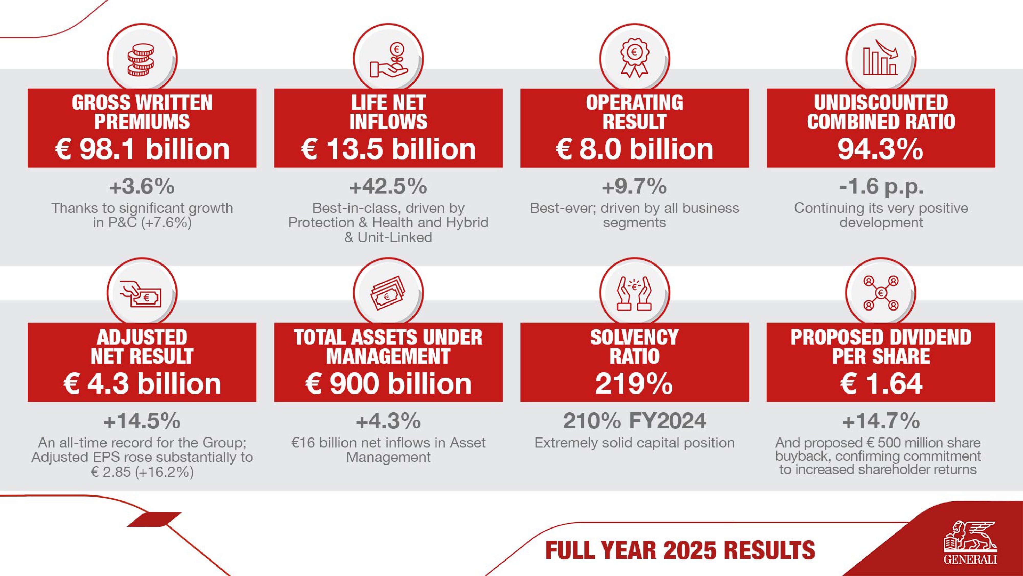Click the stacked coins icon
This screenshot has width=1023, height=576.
141,60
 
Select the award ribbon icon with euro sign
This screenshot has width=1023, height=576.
634,60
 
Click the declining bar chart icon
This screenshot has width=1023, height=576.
881,60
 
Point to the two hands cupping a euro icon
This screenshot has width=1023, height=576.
634,294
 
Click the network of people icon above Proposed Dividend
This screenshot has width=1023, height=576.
881,294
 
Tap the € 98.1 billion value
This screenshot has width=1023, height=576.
142,150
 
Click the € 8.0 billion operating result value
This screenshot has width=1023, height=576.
634,150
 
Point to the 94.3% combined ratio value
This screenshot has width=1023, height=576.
881,150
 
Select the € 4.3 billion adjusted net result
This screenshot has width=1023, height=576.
142,384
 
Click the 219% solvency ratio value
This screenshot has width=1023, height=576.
634,384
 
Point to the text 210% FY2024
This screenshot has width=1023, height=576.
634,421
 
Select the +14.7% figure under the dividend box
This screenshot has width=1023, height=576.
881,421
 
